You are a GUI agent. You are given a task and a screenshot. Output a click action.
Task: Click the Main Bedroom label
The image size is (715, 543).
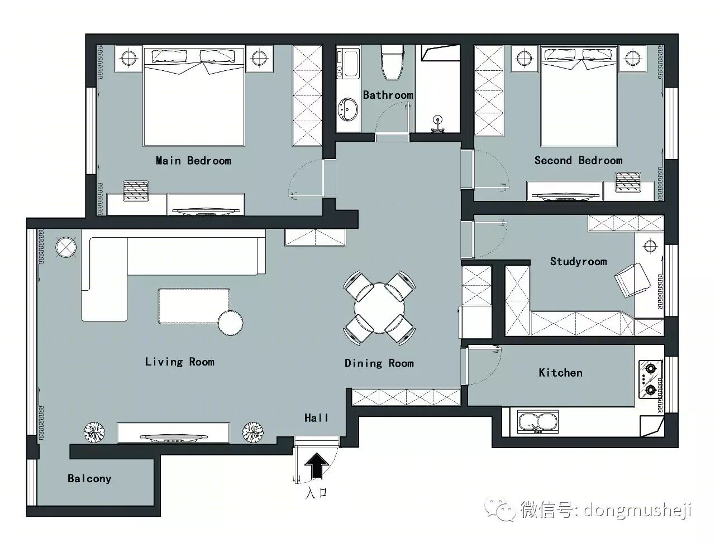pos(193,160)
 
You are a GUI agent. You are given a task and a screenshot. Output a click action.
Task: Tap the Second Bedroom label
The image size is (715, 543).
pos(578,160)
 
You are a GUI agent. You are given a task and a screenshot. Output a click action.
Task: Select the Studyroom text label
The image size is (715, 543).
pos(579,262)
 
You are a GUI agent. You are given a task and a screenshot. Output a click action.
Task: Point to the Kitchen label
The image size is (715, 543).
pos(561,373)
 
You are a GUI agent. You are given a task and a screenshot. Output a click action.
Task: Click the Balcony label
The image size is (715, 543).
pos(89,478)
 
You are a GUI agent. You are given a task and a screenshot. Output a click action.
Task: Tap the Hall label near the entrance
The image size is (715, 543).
pos(316,418)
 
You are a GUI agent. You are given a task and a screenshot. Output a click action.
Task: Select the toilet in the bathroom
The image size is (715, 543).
pos(392,63)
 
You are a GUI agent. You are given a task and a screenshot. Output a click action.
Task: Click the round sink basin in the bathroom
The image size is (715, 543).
pos(348,109)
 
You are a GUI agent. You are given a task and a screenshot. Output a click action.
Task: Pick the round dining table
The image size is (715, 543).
pos(379,307)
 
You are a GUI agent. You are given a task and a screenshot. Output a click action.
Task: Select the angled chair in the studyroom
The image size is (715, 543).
pos(632,280)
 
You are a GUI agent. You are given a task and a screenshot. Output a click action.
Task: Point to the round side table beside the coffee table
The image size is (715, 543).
pos(230,323)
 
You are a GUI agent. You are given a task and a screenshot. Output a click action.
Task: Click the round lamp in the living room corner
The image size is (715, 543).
pos(66,247)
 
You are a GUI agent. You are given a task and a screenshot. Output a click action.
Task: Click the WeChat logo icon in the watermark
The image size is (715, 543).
pos(500,510)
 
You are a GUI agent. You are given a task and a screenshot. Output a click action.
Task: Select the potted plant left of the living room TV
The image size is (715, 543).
pos(94,432)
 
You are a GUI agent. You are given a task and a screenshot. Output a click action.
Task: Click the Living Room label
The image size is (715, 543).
pos(179,362)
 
